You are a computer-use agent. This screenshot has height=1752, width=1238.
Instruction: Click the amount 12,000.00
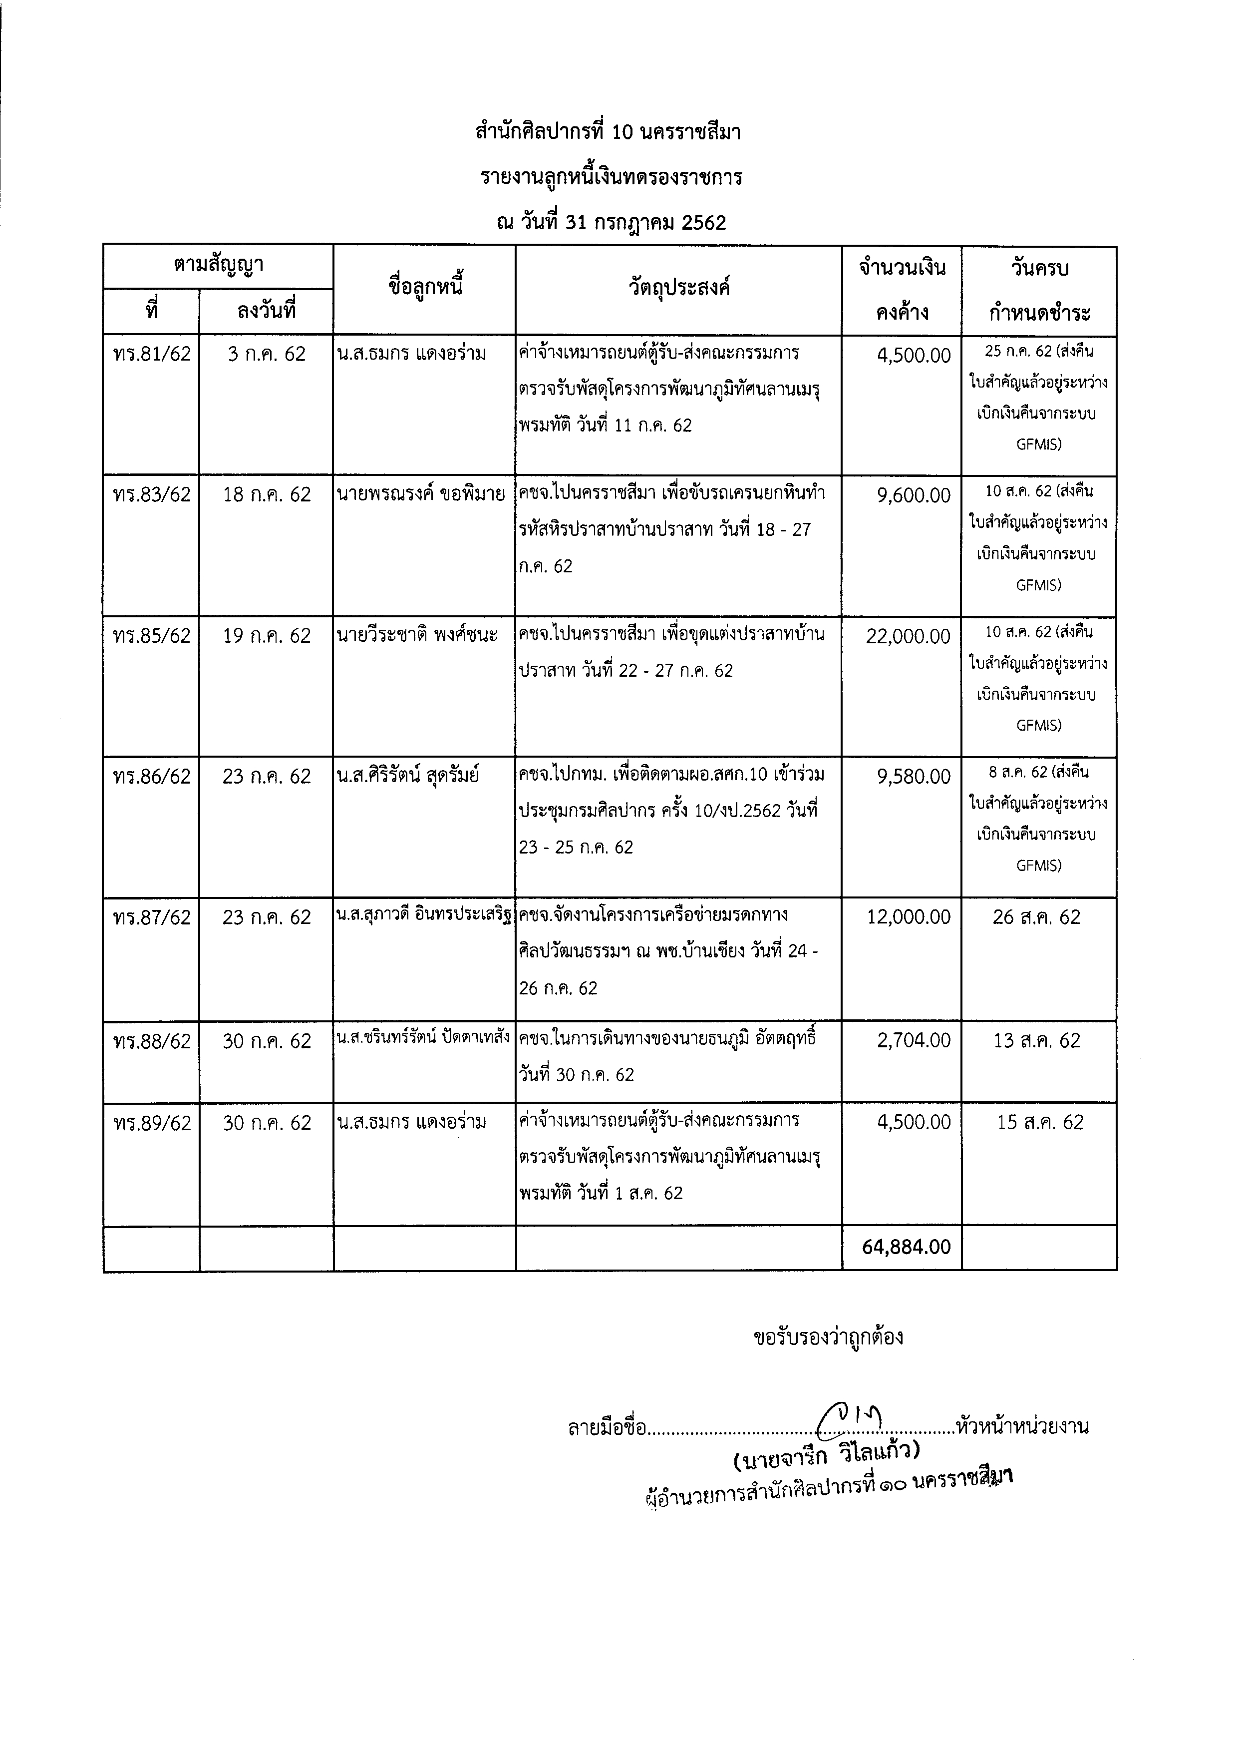[908, 917]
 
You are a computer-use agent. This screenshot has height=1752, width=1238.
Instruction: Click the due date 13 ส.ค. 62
[1037, 1042]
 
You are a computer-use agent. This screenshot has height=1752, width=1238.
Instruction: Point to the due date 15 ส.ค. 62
[1040, 1123]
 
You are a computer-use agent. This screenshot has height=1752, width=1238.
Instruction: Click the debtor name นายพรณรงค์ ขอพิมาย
[420, 494]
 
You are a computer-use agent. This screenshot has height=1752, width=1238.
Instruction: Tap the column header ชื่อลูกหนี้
[425, 289]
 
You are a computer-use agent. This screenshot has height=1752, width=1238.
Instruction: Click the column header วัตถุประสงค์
[679, 289]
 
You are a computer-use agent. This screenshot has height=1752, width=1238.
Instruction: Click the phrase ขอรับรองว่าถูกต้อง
[828, 1337]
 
